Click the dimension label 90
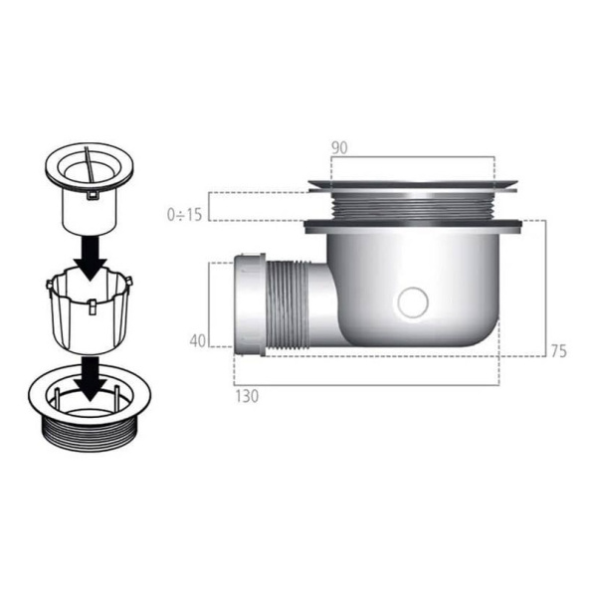[339, 148]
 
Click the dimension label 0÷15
[184, 215]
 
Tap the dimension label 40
[198, 340]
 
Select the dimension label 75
[558, 351]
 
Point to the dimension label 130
[247, 396]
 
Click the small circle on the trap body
[413, 302]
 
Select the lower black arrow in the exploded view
[90, 379]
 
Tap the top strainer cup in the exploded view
[90, 188]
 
